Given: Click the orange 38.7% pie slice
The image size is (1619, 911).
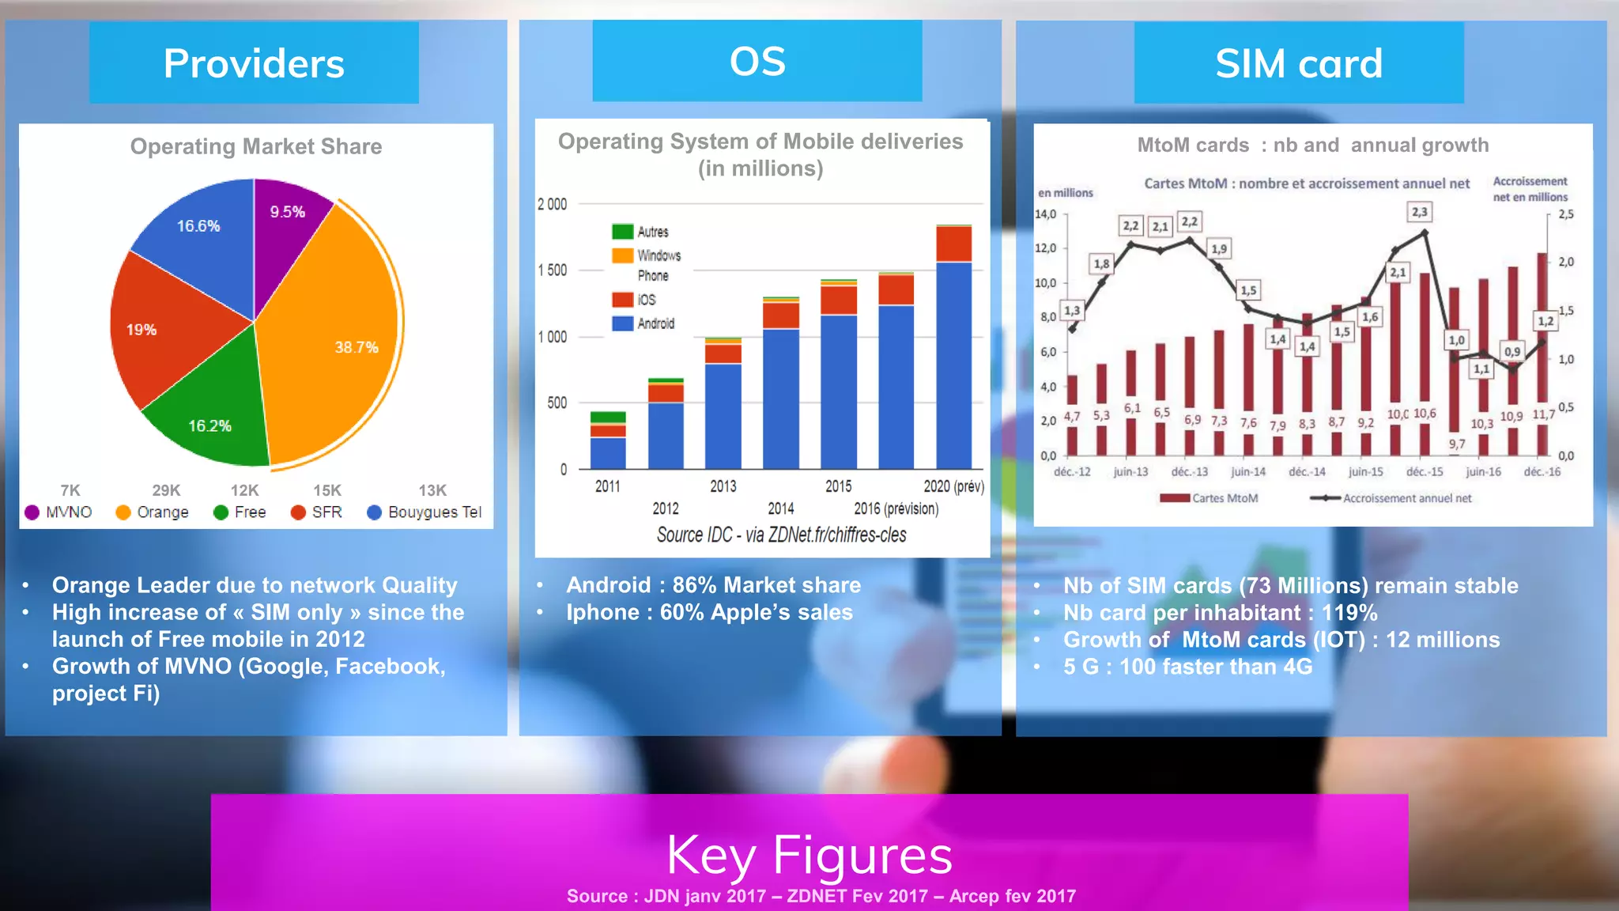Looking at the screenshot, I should click(340, 340).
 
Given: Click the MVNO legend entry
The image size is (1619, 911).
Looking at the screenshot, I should click(58, 512).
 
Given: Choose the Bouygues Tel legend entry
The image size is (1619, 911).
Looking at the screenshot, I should click(425, 512).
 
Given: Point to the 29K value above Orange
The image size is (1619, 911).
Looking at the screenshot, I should click(166, 490).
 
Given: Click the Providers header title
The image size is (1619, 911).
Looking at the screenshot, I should click(254, 63).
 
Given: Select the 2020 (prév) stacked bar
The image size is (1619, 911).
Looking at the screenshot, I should click(953, 348).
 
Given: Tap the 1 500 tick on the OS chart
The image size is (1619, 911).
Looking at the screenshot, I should click(553, 270).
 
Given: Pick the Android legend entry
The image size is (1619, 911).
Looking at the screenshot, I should click(644, 323).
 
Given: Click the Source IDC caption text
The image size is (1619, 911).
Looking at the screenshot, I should click(781, 535).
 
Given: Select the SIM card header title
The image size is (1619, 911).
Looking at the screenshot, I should click(1299, 63).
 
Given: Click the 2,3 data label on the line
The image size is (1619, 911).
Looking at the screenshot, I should click(1420, 212).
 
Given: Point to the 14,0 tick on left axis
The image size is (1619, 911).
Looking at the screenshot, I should click(1045, 214).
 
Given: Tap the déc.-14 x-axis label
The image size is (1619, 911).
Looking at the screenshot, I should click(1307, 472).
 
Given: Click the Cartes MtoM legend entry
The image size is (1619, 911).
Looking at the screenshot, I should click(1209, 498).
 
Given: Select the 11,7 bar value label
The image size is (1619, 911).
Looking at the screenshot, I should click(1543, 414).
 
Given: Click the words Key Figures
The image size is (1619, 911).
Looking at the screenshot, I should click(809, 855).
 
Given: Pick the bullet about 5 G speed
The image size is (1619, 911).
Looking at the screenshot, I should click(1187, 667).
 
